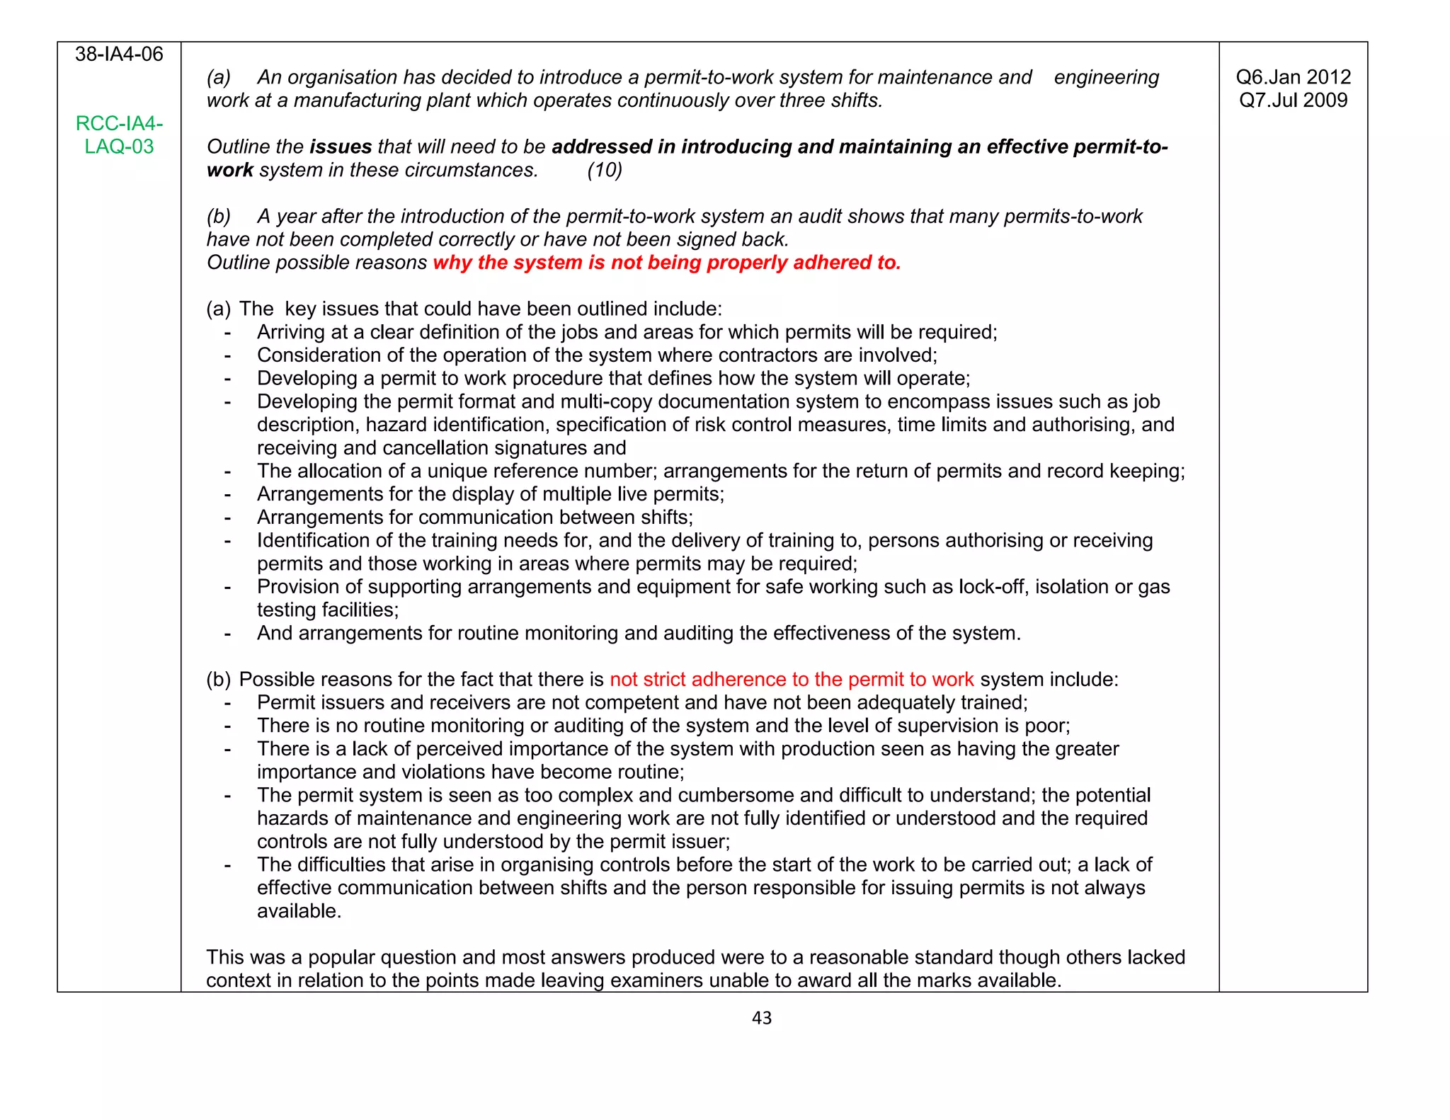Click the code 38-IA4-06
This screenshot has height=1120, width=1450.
119,55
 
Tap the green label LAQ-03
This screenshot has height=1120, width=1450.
119,147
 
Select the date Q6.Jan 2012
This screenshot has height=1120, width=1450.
1293,77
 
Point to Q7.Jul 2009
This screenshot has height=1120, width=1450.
1293,100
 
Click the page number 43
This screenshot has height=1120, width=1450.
761,1018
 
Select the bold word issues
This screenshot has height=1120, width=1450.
341,147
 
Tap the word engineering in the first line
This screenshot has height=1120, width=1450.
1106,77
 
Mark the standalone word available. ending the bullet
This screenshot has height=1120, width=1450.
299,911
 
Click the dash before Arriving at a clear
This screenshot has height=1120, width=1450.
227,332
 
